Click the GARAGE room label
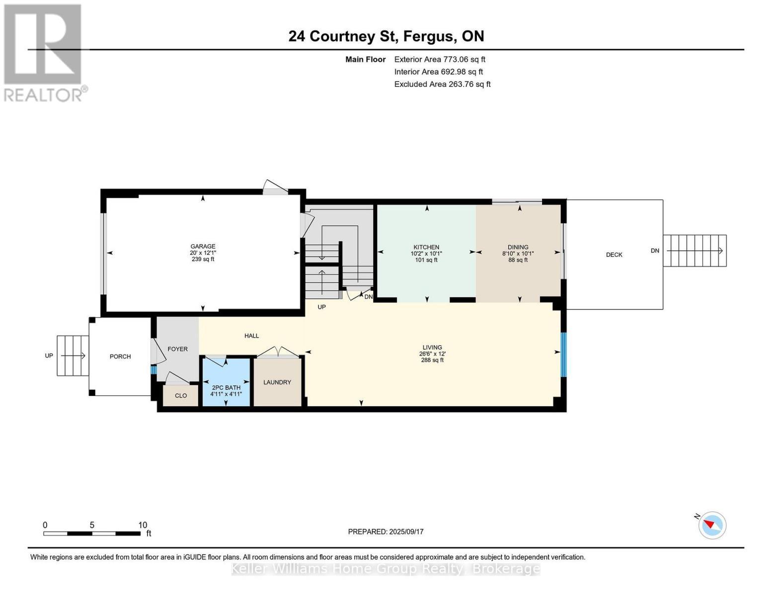point(203,246)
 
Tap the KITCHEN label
point(426,247)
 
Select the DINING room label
point(518,247)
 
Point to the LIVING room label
point(432,347)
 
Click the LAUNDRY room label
point(277,382)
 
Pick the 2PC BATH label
point(226,387)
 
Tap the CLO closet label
point(181,395)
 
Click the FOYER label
point(178,349)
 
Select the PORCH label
point(120,356)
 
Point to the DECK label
point(614,255)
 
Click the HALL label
point(251,336)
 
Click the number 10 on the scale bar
point(143,525)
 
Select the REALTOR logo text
point(43,95)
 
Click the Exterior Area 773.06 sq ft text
point(440,59)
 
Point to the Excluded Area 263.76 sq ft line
point(442,84)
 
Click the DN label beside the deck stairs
point(655,251)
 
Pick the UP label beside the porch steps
point(49,356)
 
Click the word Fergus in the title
point(430,37)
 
